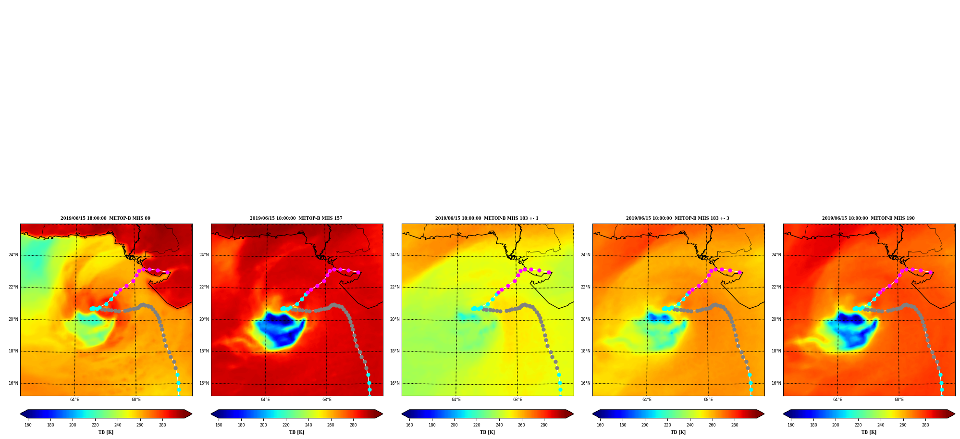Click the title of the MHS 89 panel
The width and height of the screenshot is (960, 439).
pyautogui.click(x=105, y=218)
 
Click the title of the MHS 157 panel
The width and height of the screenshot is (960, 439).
pyautogui.click(x=296, y=218)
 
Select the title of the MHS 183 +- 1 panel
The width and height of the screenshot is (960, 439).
pyautogui.click(x=487, y=218)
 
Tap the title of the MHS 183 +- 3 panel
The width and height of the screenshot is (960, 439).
pyautogui.click(x=677, y=218)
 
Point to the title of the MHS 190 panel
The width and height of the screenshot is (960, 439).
pyautogui.click(x=868, y=218)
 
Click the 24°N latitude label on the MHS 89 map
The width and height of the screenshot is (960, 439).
pyautogui.click(x=13, y=255)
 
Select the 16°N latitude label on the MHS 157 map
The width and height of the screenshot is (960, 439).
pyautogui.click(x=204, y=383)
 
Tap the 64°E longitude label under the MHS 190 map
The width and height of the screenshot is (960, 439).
pyautogui.click(x=837, y=400)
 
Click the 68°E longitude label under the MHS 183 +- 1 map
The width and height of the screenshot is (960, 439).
pyautogui.click(x=517, y=400)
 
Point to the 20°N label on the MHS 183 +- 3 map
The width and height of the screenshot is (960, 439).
pyautogui.click(x=585, y=319)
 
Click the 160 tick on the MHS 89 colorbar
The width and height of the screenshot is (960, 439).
pyautogui.click(x=28, y=425)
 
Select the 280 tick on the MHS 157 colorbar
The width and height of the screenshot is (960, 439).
pyautogui.click(x=353, y=425)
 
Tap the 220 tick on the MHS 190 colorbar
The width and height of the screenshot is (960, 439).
pyautogui.click(x=858, y=425)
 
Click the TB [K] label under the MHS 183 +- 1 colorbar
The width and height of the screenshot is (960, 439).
pyautogui.click(x=487, y=432)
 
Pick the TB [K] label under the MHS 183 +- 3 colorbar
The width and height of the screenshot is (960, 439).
pyautogui.click(x=678, y=432)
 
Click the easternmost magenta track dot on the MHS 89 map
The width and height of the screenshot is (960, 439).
pyautogui.click(x=167, y=272)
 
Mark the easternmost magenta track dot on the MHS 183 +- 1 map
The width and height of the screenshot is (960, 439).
pyautogui.click(x=549, y=272)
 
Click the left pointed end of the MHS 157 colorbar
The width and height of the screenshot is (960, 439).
pyautogui.click(x=211, y=414)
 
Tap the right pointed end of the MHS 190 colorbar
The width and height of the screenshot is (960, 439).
pyautogui.click(x=955, y=414)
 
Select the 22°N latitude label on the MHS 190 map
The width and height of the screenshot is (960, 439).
pyautogui.click(x=776, y=287)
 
